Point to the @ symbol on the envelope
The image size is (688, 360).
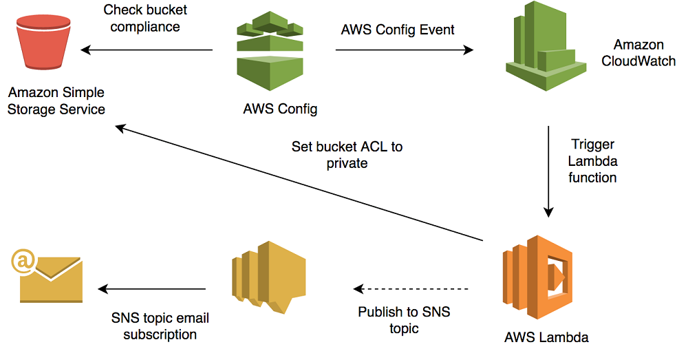[22, 260]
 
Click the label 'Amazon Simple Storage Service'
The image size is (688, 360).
[56, 101]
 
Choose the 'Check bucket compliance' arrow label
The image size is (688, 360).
[145, 19]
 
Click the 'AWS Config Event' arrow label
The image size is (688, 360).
[398, 30]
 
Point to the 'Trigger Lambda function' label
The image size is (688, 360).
[592, 161]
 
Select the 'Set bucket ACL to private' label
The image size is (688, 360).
[347, 155]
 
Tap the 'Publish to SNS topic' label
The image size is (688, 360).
[404, 320]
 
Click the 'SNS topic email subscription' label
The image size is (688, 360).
[160, 326]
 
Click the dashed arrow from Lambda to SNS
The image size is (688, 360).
[411, 289]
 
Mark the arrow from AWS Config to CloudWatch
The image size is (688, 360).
[405, 50]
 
